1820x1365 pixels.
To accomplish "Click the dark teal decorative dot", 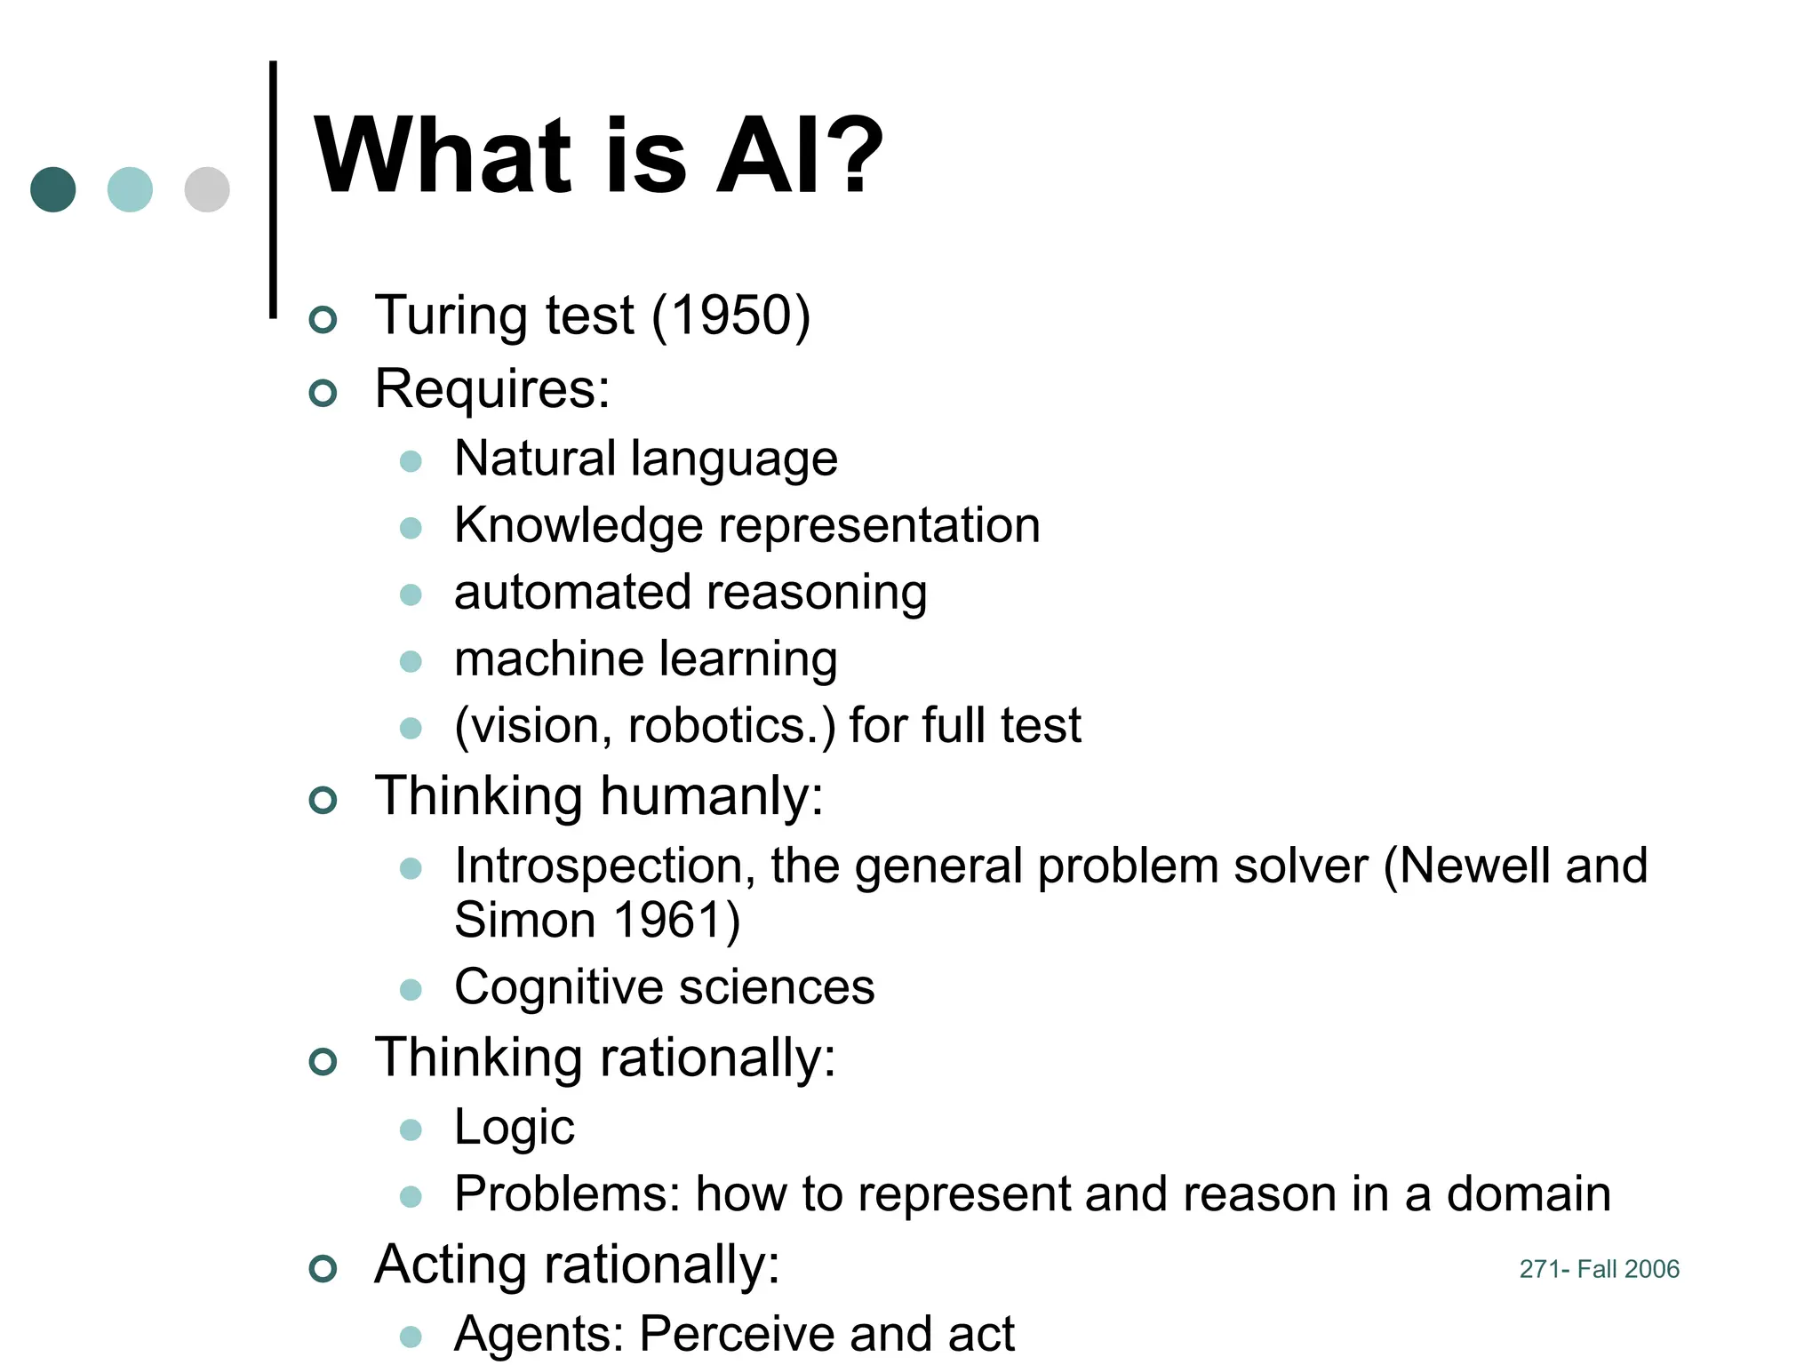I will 53,189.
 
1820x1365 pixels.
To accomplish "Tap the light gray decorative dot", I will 207,189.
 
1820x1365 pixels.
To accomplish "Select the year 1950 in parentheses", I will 730,315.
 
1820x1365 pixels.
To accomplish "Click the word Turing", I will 452,317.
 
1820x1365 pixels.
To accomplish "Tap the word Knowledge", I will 578,525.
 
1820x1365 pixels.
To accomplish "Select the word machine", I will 548,659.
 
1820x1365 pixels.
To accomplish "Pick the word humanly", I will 710,795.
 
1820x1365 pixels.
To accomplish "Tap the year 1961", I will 666,920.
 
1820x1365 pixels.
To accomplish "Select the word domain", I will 1528,1193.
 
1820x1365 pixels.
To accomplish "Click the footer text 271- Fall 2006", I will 1599,1269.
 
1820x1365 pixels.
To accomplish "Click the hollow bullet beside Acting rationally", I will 323,1268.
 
